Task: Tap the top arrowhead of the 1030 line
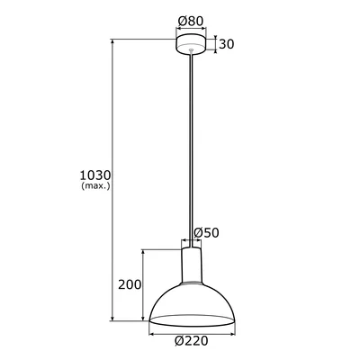click(x=112, y=40)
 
